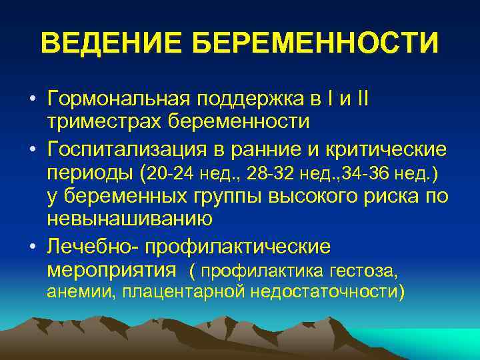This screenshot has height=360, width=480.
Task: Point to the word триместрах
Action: tap(103, 122)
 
